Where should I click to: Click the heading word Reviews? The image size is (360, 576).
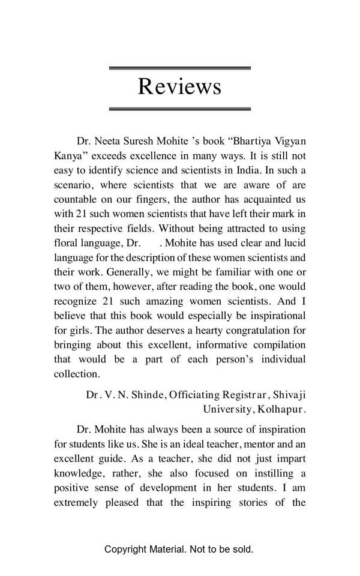(x=179, y=86)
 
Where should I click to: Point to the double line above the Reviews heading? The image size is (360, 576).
(x=179, y=68)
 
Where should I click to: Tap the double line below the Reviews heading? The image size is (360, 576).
(x=179, y=109)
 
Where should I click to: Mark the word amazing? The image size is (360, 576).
(x=178, y=301)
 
